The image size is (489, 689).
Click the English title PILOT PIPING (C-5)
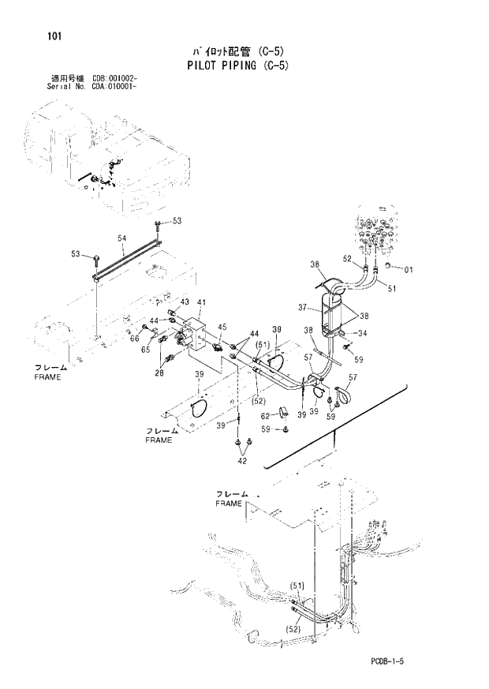click(239, 66)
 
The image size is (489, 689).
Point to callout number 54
click(122, 238)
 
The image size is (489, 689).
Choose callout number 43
click(185, 302)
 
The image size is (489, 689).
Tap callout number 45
click(222, 327)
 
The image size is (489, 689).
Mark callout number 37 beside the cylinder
click(301, 308)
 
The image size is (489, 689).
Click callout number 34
click(364, 333)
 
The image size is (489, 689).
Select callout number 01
click(408, 270)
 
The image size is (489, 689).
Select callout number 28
click(159, 373)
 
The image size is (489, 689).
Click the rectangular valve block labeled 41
click(195, 335)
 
